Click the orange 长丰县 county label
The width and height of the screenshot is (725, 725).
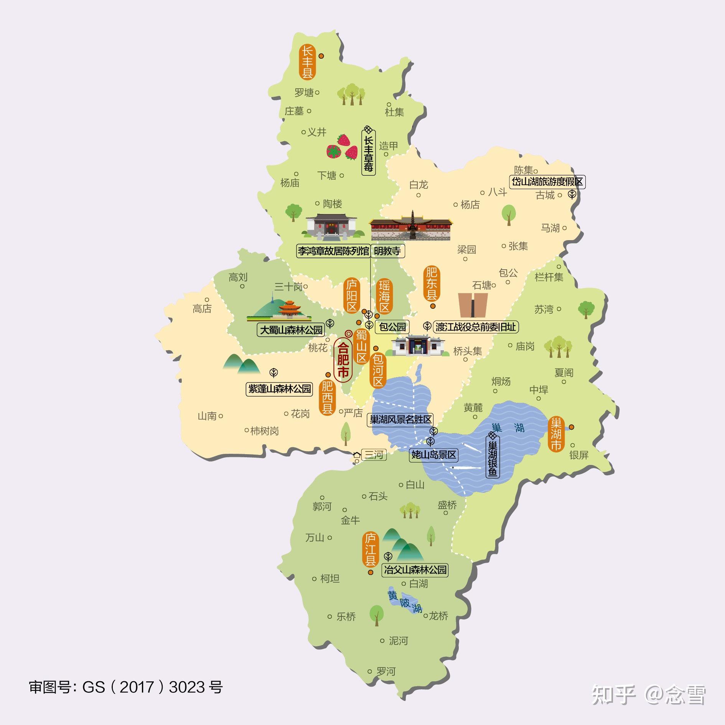tap(307, 63)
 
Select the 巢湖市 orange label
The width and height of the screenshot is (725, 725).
tap(556, 434)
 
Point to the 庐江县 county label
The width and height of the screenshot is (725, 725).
tap(370, 549)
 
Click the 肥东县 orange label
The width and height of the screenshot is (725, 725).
tap(432, 284)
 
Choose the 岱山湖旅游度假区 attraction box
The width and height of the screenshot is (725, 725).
tap(547, 181)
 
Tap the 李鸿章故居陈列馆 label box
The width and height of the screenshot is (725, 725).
tap(333, 251)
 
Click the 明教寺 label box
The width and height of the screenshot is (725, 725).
tap(387, 251)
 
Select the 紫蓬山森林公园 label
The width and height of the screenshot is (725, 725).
tap(279, 389)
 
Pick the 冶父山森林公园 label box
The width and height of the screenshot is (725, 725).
tap(415, 570)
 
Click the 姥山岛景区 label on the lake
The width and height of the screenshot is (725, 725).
tap(434, 455)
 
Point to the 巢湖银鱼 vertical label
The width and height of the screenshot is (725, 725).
tap(493, 459)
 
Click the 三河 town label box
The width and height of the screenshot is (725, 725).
tap(373, 455)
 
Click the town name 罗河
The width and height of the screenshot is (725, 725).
tap(386, 672)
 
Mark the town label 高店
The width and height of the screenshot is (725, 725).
tap(202, 308)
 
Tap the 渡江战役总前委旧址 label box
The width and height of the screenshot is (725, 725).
tap(476, 327)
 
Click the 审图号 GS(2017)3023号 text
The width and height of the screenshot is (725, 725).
tap(125, 687)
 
